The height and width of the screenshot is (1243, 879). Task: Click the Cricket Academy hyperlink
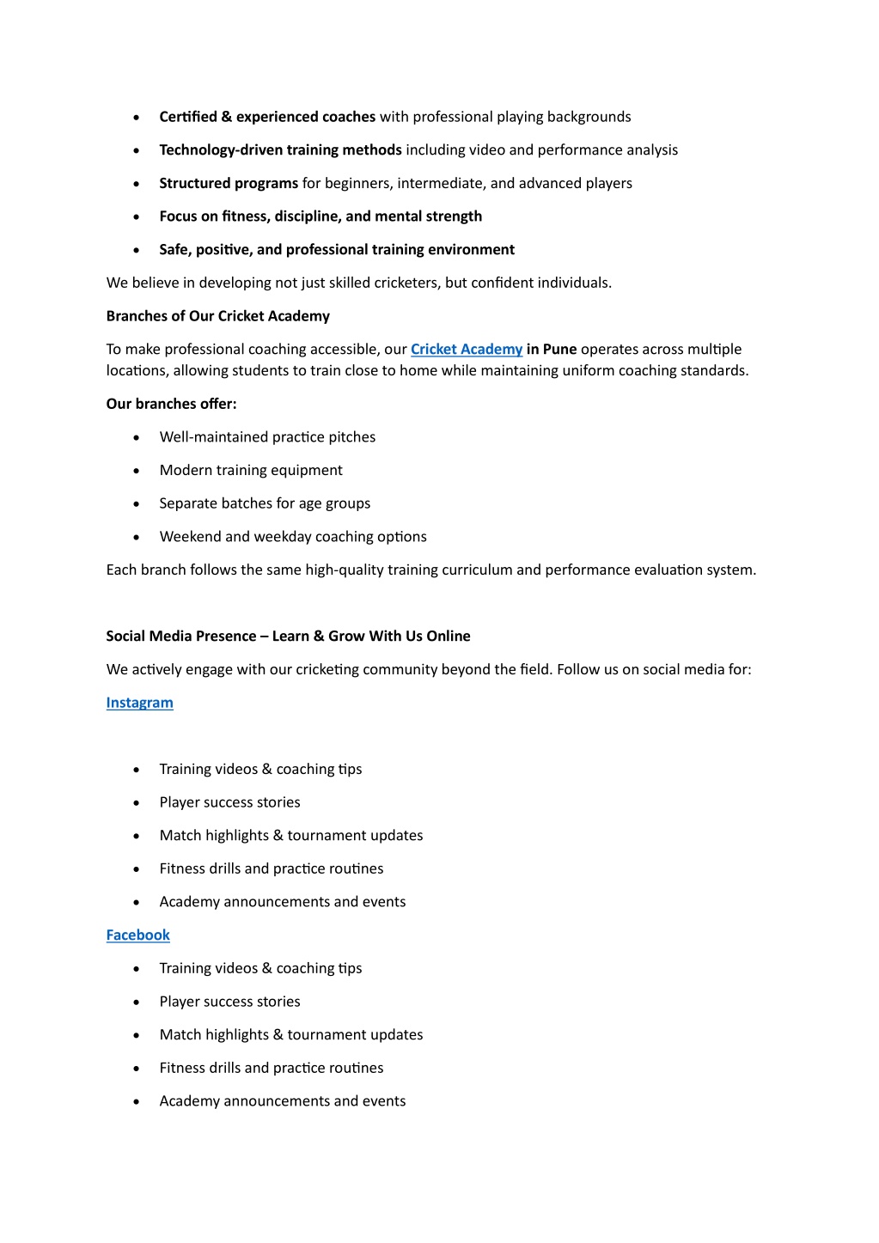(x=466, y=349)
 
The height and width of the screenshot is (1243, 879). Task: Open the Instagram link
(x=139, y=703)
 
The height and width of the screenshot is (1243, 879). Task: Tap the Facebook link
(x=137, y=935)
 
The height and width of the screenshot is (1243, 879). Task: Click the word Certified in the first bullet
(x=188, y=117)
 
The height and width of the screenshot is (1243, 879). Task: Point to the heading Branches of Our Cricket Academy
(x=217, y=316)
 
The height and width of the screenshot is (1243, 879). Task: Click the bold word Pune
(x=559, y=349)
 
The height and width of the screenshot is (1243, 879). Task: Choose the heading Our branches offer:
(x=171, y=404)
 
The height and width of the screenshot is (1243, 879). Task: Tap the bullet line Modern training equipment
(x=251, y=470)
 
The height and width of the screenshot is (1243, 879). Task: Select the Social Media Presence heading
(x=288, y=637)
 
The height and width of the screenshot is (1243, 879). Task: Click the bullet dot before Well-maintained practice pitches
(x=137, y=438)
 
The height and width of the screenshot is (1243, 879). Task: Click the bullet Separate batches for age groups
(x=265, y=503)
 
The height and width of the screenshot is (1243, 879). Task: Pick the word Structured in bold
(x=194, y=183)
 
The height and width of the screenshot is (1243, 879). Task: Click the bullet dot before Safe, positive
(x=137, y=251)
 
